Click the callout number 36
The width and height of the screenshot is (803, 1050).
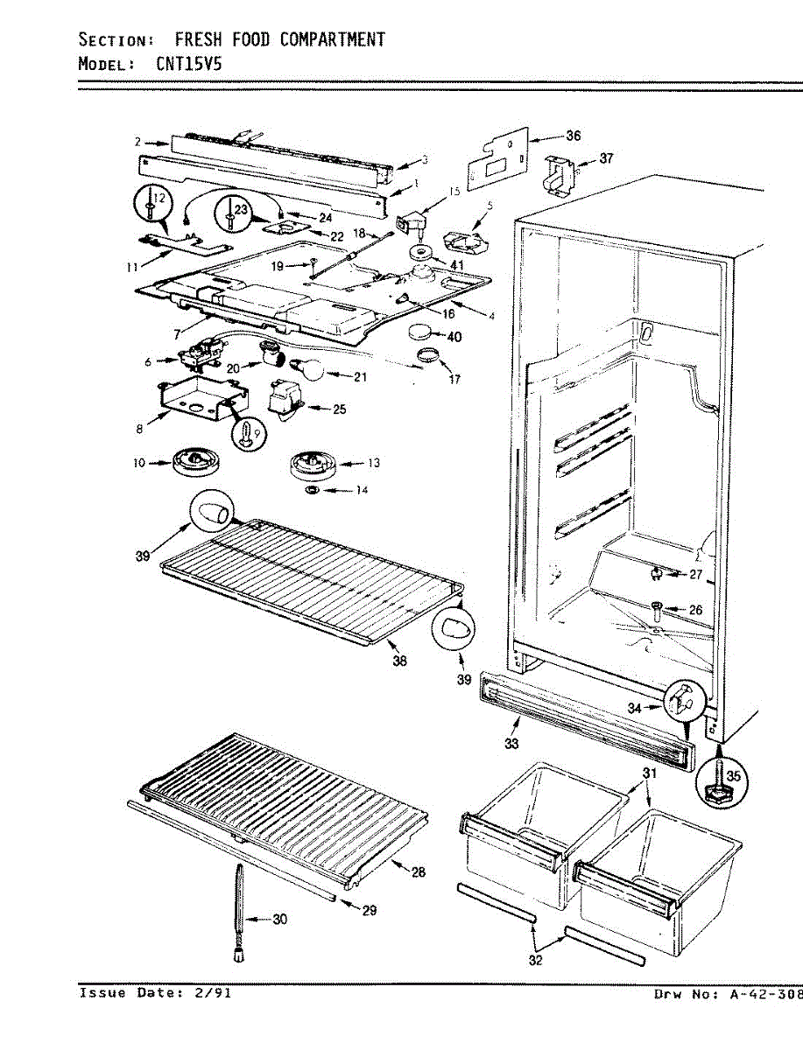(x=573, y=136)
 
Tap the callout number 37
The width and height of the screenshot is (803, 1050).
(x=606, y=158)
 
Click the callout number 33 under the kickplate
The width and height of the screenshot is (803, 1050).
(x=511, y=744)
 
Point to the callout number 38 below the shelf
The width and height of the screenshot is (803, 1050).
(x=399, y=661)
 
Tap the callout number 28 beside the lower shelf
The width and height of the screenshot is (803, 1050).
(x=419, y=872)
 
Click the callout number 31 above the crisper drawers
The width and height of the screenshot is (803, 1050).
(x=649, y=773)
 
